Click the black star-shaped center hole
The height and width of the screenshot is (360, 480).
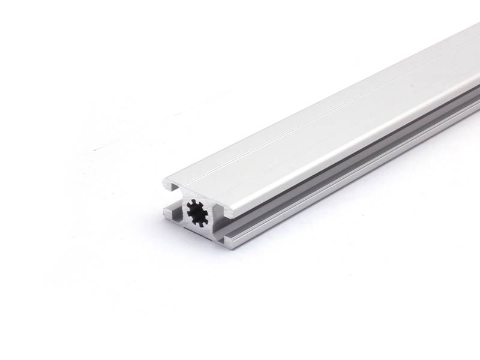click(x=197, y=212)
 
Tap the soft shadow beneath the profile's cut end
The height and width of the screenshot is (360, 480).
click(x=198, y=252)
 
